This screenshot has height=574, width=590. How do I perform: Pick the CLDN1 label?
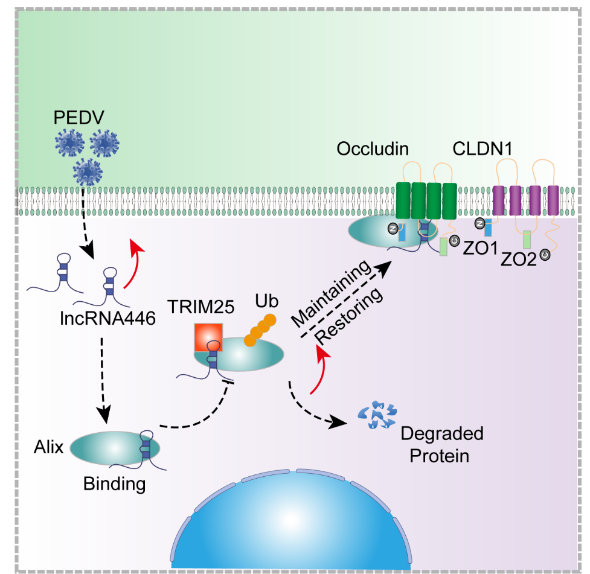482,148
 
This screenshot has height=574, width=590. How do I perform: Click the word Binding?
115,483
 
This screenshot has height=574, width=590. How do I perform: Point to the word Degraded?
442,433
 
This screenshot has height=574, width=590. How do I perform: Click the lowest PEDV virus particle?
88,171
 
